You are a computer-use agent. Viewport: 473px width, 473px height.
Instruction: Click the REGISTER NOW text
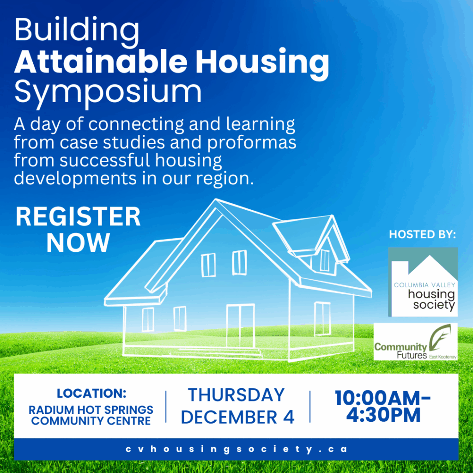(x=78, y=229)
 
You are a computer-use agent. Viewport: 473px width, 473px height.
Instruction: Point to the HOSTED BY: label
(x=422, y=234)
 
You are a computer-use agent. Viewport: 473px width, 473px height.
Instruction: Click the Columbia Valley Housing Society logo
(x=423, y=282)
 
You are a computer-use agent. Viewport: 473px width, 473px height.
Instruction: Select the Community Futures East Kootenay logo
(x=415, y=341)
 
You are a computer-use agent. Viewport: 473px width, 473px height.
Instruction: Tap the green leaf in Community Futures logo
(x=440, y=336)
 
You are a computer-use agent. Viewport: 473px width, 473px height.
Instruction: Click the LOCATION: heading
(x=91, y=393)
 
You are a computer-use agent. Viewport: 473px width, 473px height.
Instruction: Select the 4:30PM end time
(x=383, y=415)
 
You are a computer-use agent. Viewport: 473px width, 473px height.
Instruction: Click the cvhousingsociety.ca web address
(x=236, y=449)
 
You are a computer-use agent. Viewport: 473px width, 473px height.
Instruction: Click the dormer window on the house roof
(x=325, y=260)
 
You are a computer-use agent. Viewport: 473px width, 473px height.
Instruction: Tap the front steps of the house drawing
(x=216, y=353)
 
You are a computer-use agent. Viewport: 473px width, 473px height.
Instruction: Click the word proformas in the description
(x=252, y=142)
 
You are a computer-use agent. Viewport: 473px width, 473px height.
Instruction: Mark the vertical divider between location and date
(x=166, y=406)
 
